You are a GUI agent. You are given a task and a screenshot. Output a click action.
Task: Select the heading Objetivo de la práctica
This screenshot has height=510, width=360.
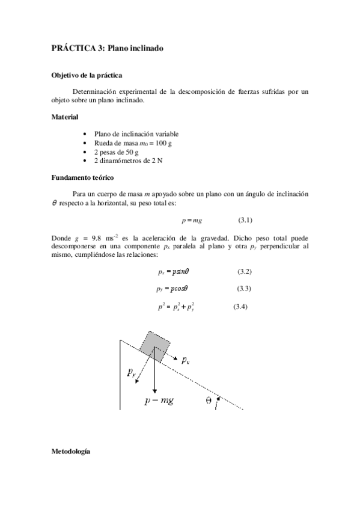point(87,76)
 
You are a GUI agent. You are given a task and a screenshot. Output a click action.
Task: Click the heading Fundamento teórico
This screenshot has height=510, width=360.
point(83,178)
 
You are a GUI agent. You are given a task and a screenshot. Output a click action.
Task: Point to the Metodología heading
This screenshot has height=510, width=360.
point(71,450)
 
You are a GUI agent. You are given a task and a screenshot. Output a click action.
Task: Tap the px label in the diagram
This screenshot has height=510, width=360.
point(186,360)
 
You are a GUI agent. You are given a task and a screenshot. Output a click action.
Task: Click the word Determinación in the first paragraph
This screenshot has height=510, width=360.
point(99,91)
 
